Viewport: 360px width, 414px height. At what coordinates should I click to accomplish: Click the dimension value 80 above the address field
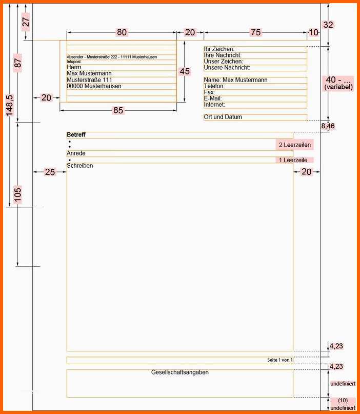click(122, 32)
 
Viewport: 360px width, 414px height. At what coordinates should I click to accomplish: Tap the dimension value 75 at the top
click(256, 32)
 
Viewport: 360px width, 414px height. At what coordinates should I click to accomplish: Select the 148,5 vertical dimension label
click(10, 105)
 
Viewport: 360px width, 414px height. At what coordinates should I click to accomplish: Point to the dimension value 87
click(17, 63)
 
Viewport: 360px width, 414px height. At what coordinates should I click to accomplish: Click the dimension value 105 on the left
click(17, 194)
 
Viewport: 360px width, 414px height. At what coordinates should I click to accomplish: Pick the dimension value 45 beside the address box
click(185, 71)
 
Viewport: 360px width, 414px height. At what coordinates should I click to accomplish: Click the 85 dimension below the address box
click(118, 110)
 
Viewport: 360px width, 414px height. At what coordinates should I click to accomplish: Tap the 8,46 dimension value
click(328, 126)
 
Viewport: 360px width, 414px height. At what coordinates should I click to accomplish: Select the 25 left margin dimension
click(50, 172)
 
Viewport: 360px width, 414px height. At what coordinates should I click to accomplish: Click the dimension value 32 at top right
click(328, 25)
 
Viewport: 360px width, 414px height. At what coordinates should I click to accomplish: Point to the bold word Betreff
click(76, 134)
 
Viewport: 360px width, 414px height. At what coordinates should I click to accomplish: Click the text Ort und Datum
click(223, 116)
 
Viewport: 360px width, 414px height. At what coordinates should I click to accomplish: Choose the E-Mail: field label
click(213, 98)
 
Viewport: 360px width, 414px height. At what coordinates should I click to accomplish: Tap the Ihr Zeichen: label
click(219, 49)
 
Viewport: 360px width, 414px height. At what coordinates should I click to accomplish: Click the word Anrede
click(76, 153)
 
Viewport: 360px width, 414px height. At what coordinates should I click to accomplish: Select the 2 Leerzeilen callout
click(295, 145)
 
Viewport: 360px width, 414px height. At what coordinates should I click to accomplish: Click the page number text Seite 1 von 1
click(280, 360)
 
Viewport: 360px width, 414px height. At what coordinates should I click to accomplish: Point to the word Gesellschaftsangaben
click(179, 372)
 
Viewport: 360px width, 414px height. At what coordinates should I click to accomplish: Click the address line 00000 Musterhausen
click(94, 86)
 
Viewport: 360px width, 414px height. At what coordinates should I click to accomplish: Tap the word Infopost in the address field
click(74, 62)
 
